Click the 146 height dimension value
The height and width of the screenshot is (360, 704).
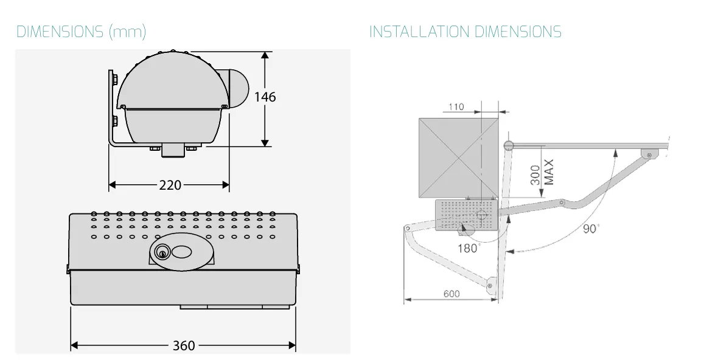coord(265,97)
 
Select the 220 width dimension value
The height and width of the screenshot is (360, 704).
coord(170,185)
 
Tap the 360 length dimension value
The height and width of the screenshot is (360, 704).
coord(184,346)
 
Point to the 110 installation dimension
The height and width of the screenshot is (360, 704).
coord(455,107)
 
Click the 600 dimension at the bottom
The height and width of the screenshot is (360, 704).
coord(451,294)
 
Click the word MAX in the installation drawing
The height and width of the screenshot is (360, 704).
coord(549,172)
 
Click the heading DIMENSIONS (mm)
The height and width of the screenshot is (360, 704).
coord(81,32)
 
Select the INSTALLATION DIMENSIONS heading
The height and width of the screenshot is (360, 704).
coord(465,32)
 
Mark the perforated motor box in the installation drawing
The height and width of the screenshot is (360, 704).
coord(467,215)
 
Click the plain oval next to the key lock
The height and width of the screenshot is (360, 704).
coord(182,252)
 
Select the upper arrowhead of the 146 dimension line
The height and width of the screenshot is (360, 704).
coord(265,55)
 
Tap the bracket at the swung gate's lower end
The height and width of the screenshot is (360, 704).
coord(490,284)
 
